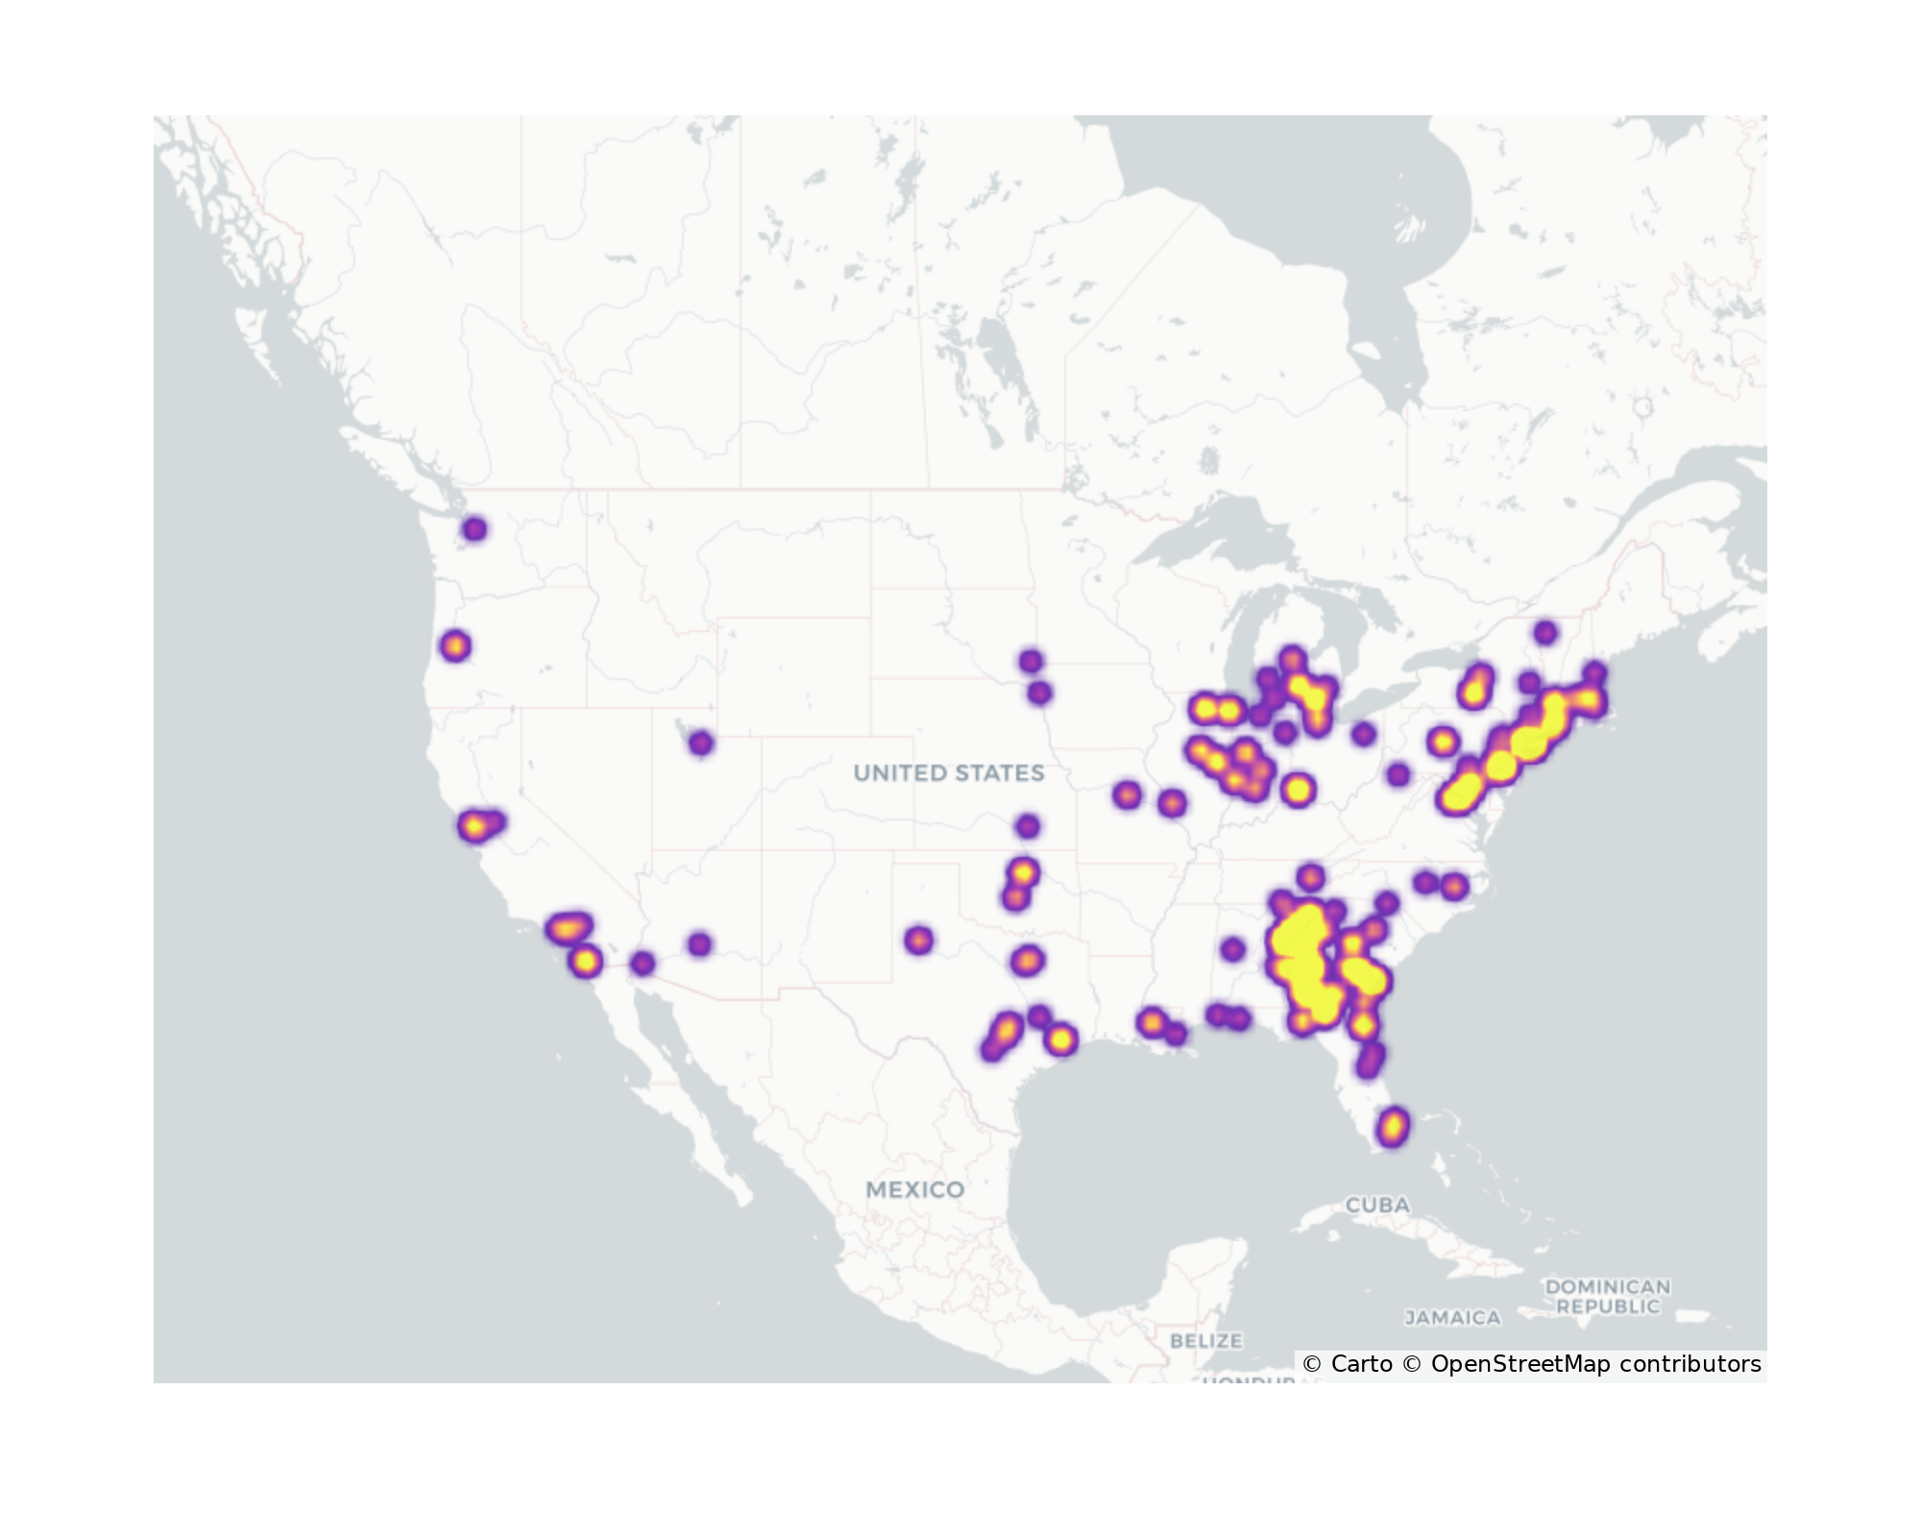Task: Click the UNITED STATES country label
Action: click(948, 773)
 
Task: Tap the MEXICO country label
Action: click(914, 1189)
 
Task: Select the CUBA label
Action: click(1377, 1205)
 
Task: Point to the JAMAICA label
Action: click(1452, 1318)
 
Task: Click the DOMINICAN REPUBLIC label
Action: click(1608, 1296)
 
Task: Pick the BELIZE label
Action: click(1206, 1340)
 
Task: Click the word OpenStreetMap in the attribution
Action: click(1520, 1364)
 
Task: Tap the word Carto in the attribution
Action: click(1361, 1364)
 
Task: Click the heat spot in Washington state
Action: click(474, 529)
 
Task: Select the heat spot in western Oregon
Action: click(456, 646)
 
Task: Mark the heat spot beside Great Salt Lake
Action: click(701, 743)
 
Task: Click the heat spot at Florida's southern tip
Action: click(1393, 1126)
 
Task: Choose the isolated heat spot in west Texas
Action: click(919, 939)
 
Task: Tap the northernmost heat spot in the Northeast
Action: click(1545, 632)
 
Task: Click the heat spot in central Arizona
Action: click(700, 944)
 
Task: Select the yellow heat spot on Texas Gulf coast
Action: click(1060, 1039)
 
